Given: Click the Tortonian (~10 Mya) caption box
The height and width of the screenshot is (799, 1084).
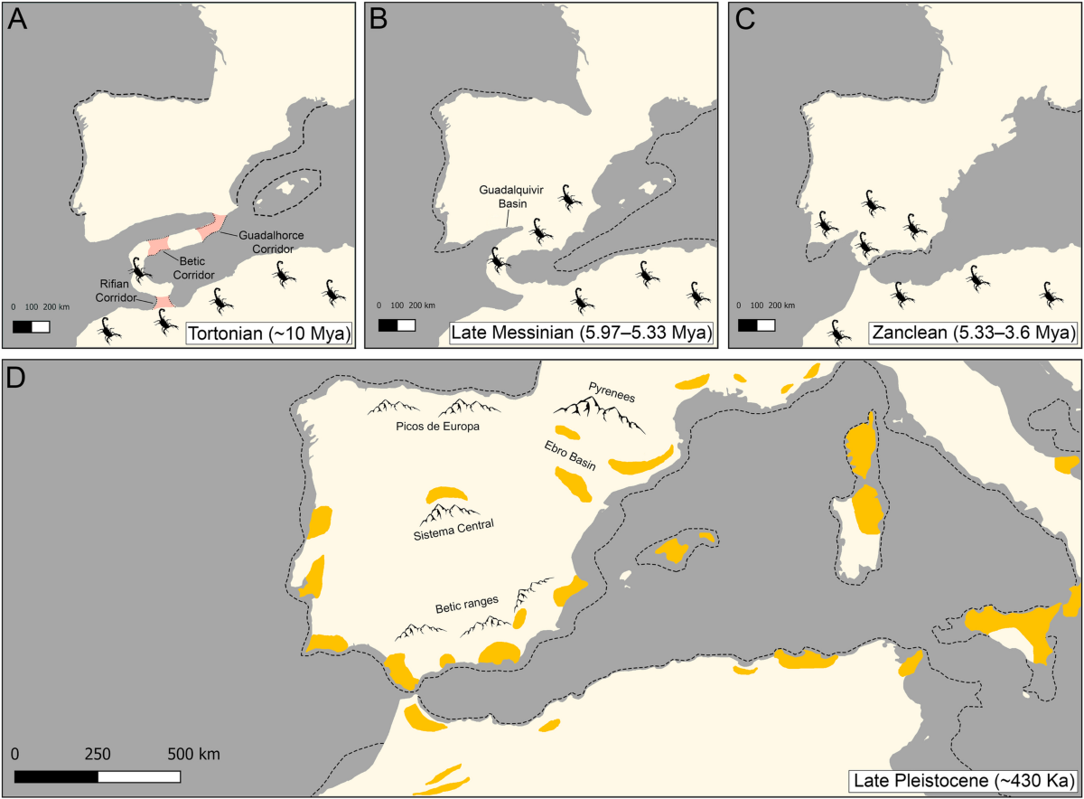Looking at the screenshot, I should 268,334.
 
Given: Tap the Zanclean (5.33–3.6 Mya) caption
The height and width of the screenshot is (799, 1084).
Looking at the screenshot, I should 972,334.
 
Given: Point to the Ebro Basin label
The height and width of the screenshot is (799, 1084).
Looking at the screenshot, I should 570,455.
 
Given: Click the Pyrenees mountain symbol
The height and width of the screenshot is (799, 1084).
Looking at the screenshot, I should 597,415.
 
